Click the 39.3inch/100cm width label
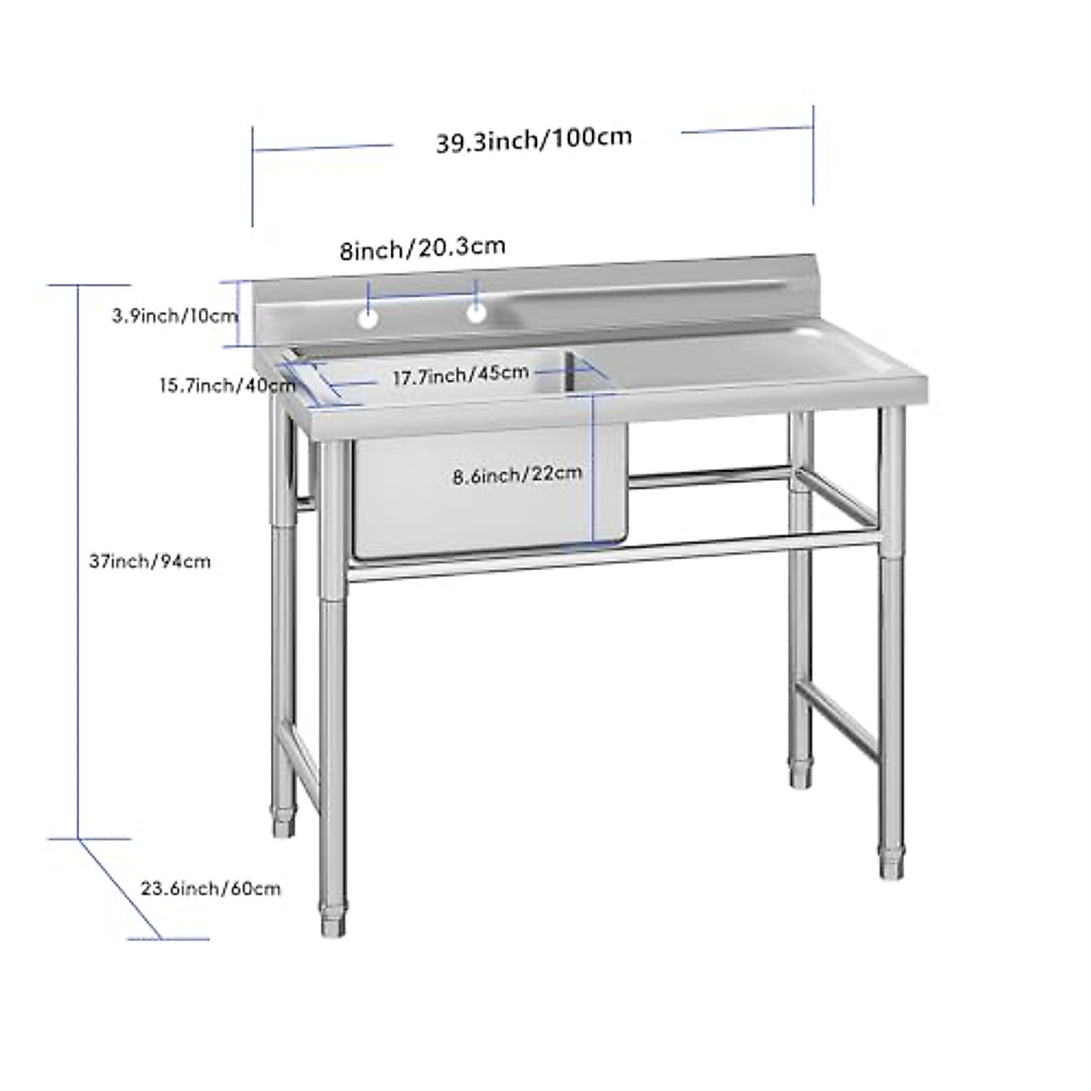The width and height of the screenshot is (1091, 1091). (x=534, y=139)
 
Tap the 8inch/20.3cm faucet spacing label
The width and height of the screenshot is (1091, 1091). (x=422, y=248)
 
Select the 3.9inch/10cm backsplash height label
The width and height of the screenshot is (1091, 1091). (x=175, y=316)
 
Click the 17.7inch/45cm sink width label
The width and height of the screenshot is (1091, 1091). (x=460, y=374)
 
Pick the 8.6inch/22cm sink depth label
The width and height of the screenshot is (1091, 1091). (x=517, y=474)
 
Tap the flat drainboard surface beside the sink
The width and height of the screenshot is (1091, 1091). (x=746, y=368)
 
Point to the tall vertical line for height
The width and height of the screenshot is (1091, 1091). (x=79, y=561)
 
